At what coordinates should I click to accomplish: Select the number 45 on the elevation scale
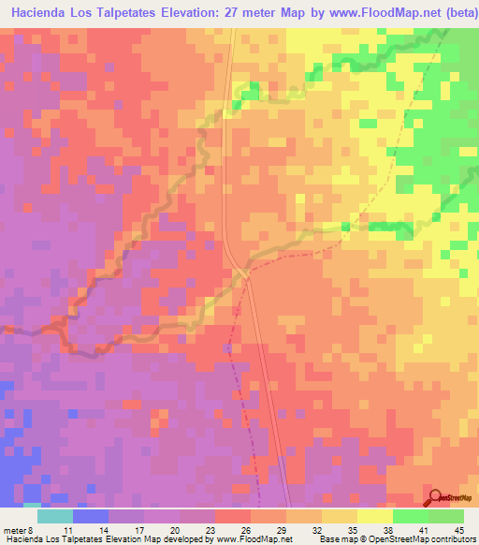click(458, 529)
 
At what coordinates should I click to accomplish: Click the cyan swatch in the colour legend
click(54, 516)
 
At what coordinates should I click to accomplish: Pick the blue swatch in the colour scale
click(90, 516)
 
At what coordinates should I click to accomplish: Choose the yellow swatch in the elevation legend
click(374, 516)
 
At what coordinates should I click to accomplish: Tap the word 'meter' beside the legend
click(13, 529)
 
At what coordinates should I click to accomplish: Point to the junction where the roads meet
click(242, 269)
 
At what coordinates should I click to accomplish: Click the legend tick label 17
click(139, 529)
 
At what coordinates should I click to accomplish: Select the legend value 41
click(423, 529)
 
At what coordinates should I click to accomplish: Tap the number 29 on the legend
click(282, 529)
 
